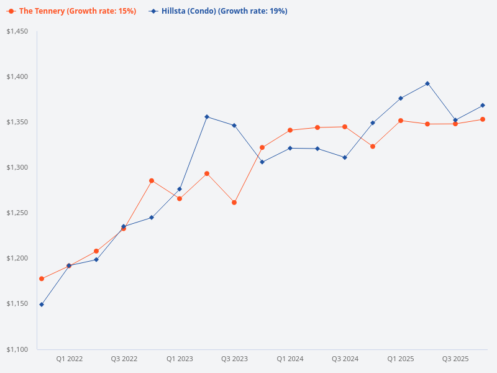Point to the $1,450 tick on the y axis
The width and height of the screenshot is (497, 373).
(18, 31)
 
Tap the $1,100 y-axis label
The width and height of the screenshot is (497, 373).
(18, 349)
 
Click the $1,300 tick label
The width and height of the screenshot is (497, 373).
(18, 167)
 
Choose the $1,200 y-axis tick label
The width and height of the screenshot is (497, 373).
(18, 258)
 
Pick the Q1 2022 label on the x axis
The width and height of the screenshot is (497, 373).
(69, 359)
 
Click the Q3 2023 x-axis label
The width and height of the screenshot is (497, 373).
(234, 359)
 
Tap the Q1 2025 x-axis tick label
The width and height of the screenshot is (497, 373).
(400, 359)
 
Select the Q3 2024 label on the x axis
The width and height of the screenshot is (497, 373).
(345, 359)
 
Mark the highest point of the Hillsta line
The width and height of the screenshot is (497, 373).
(427, 83)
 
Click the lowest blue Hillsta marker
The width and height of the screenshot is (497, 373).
(42, 305)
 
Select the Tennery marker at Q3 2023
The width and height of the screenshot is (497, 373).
(234, 203)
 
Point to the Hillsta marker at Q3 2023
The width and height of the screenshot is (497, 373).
(234, 126)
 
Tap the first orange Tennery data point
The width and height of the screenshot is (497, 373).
(42, 279)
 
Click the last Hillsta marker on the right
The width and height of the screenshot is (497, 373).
(483, 105)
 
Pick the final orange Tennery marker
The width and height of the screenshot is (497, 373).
(483, 119)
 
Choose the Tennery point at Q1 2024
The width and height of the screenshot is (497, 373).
(290, 130)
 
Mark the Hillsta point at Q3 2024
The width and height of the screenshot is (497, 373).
(345, 157)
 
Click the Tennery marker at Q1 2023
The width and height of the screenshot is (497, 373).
(180, 198)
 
